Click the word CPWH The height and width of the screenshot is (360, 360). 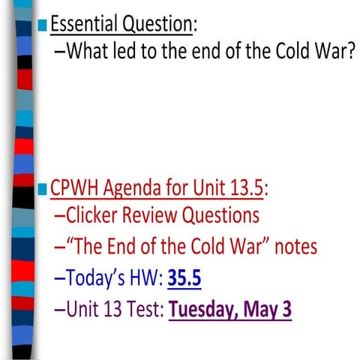73,187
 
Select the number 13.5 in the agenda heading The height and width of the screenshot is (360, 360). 245,187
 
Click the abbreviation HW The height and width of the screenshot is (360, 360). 145,278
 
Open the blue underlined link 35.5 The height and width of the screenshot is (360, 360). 184,278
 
